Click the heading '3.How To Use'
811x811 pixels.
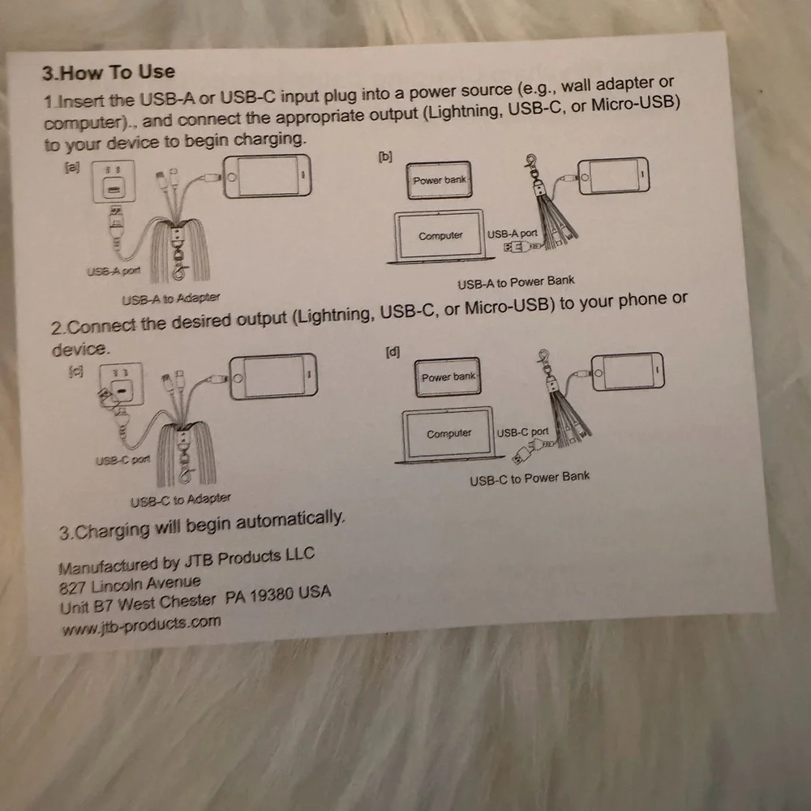109,72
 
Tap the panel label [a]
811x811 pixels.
72,168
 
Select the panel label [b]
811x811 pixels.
385,157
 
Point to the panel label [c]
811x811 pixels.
76,371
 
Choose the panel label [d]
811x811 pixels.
393,352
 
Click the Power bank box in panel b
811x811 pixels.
439,180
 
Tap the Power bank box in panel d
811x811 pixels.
448,377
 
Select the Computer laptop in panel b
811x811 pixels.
440,236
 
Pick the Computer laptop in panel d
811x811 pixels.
448,434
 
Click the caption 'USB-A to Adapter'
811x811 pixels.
170,298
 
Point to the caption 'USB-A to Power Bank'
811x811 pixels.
516,282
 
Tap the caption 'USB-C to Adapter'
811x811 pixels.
181,500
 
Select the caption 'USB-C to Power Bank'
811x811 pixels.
530,478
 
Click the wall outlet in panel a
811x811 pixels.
114,181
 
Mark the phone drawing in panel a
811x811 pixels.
268,176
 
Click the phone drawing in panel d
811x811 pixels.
628,371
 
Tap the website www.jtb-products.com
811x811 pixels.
141,624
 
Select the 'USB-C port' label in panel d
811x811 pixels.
522,432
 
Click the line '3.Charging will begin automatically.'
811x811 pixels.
202,526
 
